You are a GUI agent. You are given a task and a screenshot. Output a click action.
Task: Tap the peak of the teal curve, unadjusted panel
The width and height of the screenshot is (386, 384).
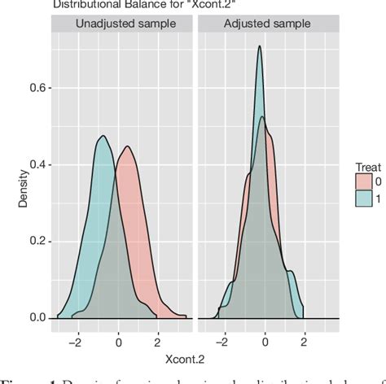103,135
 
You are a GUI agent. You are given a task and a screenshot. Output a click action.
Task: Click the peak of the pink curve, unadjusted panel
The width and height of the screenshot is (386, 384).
127,146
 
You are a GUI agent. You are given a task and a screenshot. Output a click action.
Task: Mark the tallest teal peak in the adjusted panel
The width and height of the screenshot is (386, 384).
259,46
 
